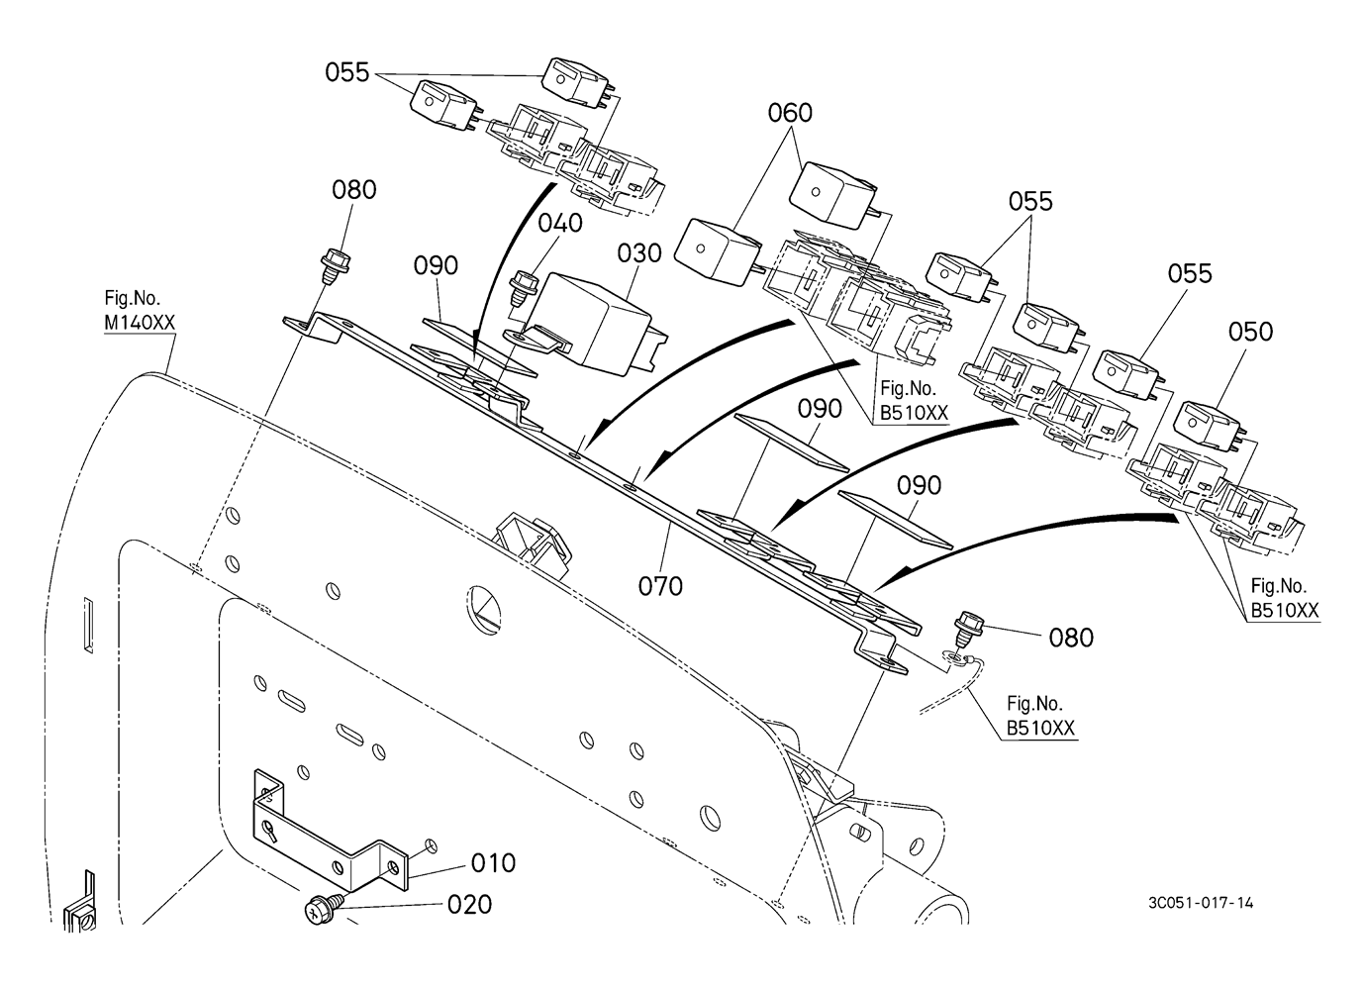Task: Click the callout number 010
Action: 493,863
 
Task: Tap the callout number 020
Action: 469,905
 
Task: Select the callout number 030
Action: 639,252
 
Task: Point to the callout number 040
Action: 560,223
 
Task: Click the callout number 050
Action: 1250,332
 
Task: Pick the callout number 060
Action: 790,113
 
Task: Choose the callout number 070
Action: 660,586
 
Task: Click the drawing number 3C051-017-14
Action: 1201,903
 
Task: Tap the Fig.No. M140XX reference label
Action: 140,311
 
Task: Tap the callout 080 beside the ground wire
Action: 1071,639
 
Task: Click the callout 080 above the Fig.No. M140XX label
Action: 354,189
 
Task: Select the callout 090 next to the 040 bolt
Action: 436,265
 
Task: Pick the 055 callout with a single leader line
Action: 1190,273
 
